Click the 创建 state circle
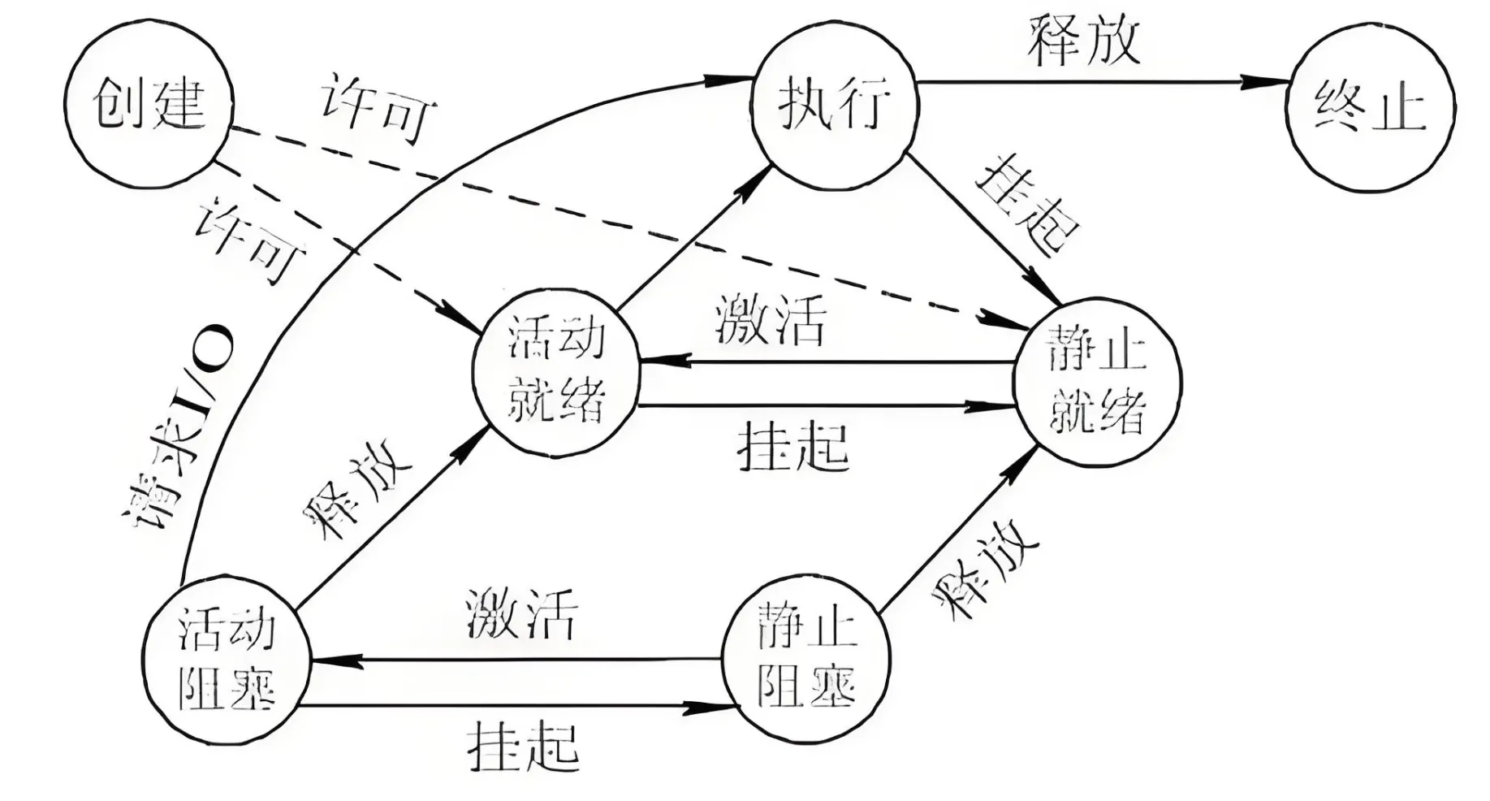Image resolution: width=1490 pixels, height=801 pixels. [149, 103]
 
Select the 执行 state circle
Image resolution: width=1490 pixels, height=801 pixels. [834, 106]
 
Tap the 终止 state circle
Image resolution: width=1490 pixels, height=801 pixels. [1371, 108]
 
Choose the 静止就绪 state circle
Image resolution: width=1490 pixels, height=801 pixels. [1096, 382]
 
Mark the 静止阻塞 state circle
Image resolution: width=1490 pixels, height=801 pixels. [805, 659]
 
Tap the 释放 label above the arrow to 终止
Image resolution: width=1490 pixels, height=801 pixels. [1085, 41]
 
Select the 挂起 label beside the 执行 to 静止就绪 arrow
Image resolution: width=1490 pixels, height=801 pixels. [1026, 204]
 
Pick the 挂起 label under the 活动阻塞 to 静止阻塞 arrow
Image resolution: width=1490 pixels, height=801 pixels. [523, 746]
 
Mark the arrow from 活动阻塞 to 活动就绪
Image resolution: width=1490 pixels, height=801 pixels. [390, 520]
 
